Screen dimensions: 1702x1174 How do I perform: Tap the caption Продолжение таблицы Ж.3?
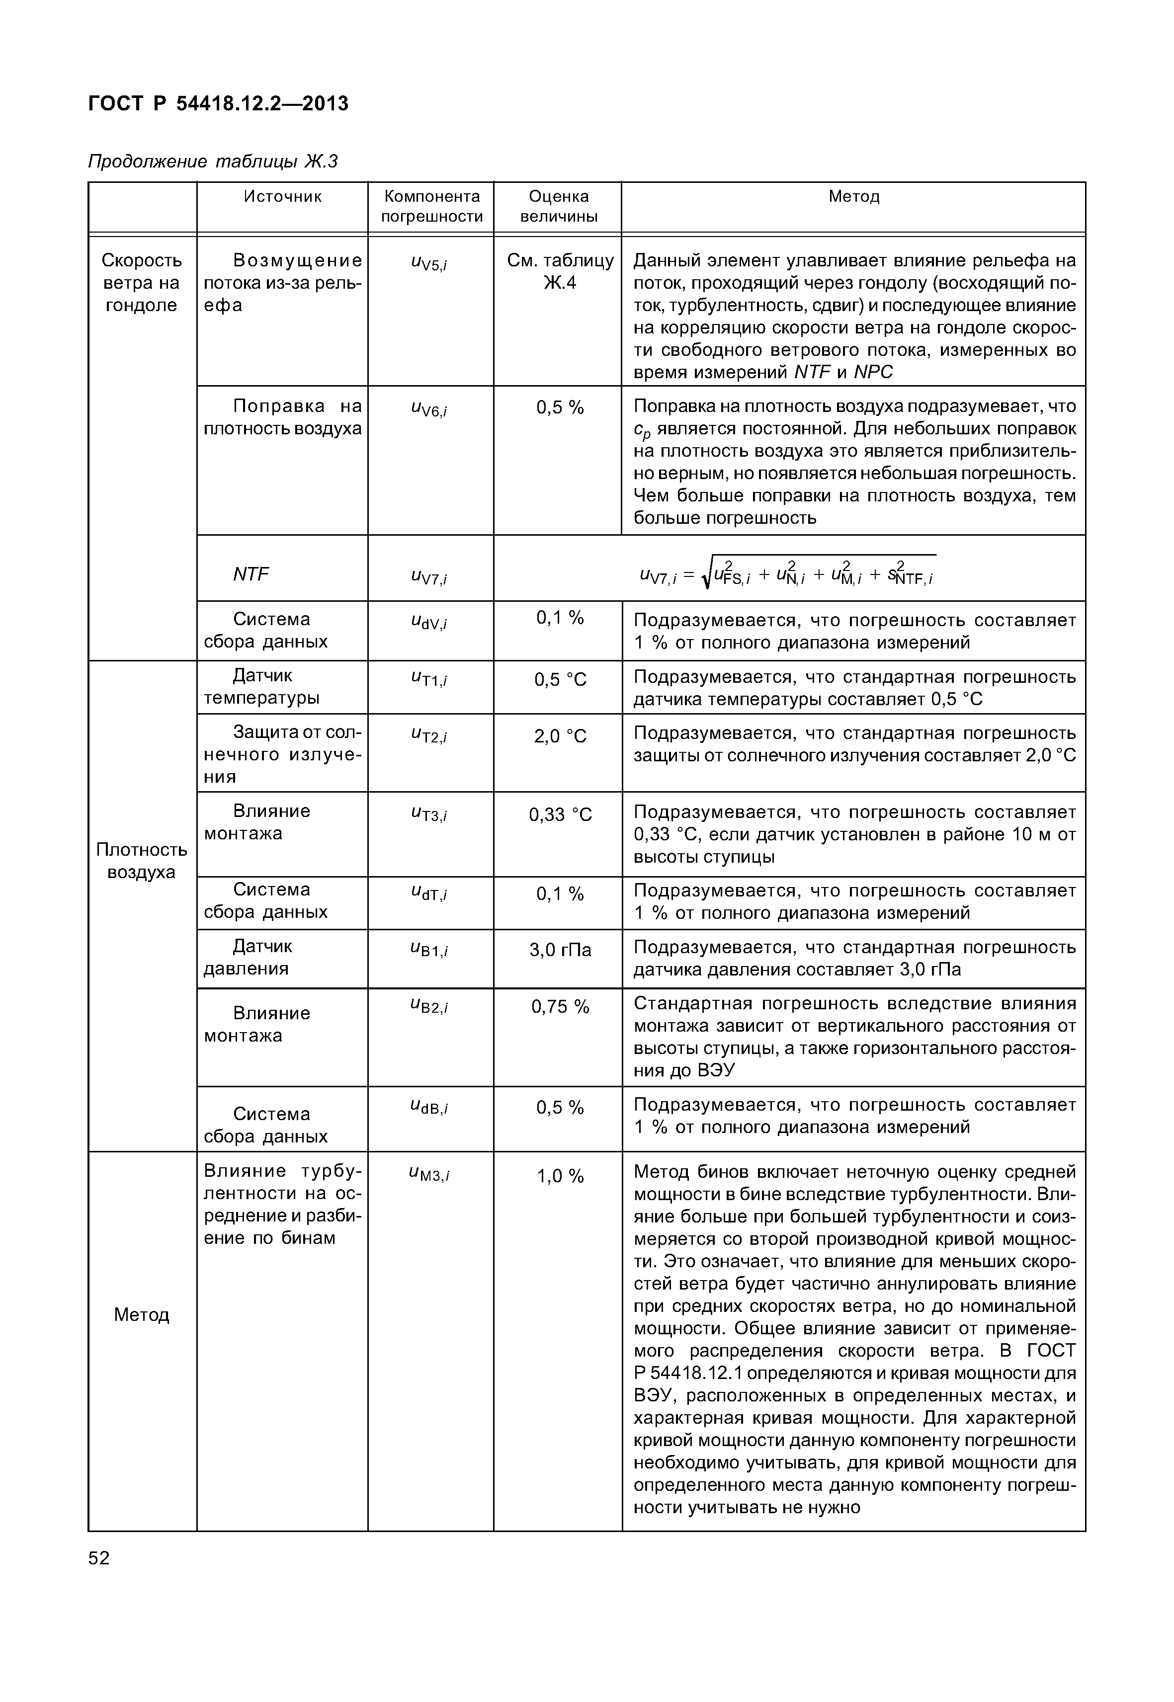(x=213, y=161)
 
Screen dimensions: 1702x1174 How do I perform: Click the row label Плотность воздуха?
(x=141, y=861)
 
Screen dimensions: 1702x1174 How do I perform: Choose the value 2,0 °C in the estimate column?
(x=560, y=736)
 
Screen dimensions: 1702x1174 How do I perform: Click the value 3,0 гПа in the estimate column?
(x=560, y=950)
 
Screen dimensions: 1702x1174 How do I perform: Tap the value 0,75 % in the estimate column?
(x=560, y=1006)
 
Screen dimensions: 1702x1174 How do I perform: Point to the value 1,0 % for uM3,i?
(x=560, y=1176)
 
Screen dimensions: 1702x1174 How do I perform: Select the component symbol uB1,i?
(x=429, y=950)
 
